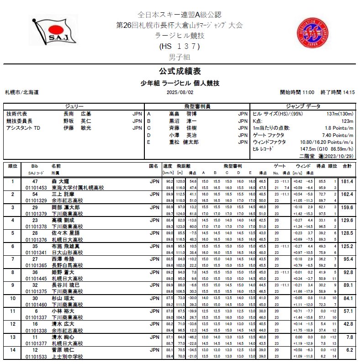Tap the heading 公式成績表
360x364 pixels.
(x=180, y=71)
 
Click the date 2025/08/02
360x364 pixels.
(x=179, y=92)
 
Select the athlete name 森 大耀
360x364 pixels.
(x=60, y=181)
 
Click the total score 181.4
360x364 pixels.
(x=347, y=181)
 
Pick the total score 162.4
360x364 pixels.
(x=347, y=194)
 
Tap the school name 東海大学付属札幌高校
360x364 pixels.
(x=78, y=188)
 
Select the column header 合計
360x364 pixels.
(x=347, y=166)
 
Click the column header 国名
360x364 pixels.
(x=154, y=166)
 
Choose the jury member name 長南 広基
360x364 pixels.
(x=77, y=114)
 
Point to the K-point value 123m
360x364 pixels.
(x=347, y=121)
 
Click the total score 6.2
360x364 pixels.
(x=349, y=350)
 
